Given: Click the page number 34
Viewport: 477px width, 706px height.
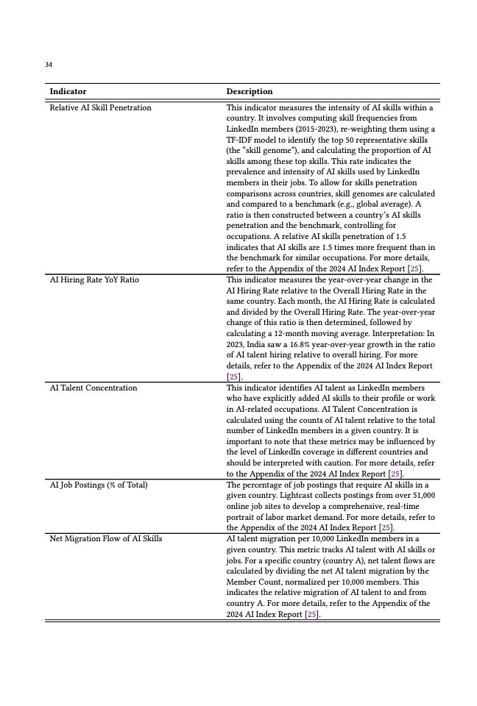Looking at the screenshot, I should click(x=49, y=65).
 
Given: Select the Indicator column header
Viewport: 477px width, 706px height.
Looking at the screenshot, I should click(x=68, y=92).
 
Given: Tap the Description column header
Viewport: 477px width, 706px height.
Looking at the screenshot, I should click(x=249, y=92).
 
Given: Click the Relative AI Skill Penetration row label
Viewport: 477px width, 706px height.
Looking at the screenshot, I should click(x=100, y=108).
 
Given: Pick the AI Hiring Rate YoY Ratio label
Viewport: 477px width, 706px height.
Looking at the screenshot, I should click(x=93, y=280).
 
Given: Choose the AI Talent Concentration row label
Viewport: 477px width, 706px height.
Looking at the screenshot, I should click(x=93, y=388).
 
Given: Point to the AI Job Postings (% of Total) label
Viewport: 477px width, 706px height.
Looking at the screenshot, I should click(x=98, y=485).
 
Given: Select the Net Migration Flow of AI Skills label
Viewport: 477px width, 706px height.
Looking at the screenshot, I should click(x=105, y=538).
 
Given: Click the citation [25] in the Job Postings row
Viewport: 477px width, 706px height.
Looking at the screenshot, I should click(x=386, y=528).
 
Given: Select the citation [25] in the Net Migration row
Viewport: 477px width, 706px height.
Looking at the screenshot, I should click(x=312, y=614).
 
